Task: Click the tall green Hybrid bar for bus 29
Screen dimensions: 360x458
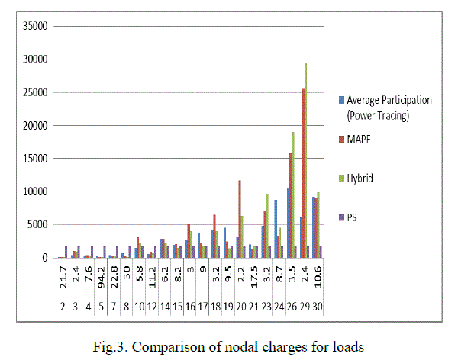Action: [x=306, y=160]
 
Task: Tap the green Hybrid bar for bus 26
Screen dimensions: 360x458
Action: [x=293, y=194]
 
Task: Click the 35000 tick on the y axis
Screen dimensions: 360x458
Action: [x=35, y=27]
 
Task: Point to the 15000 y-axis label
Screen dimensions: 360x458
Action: [x=35, y=159]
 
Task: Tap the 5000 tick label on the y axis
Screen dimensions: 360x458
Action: [x=38, y=225]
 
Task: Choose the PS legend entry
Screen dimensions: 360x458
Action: [x=352, y=217]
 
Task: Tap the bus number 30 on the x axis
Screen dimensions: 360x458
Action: [x=316, y=306]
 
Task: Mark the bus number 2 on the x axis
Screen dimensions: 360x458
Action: [x=63, y=306]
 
